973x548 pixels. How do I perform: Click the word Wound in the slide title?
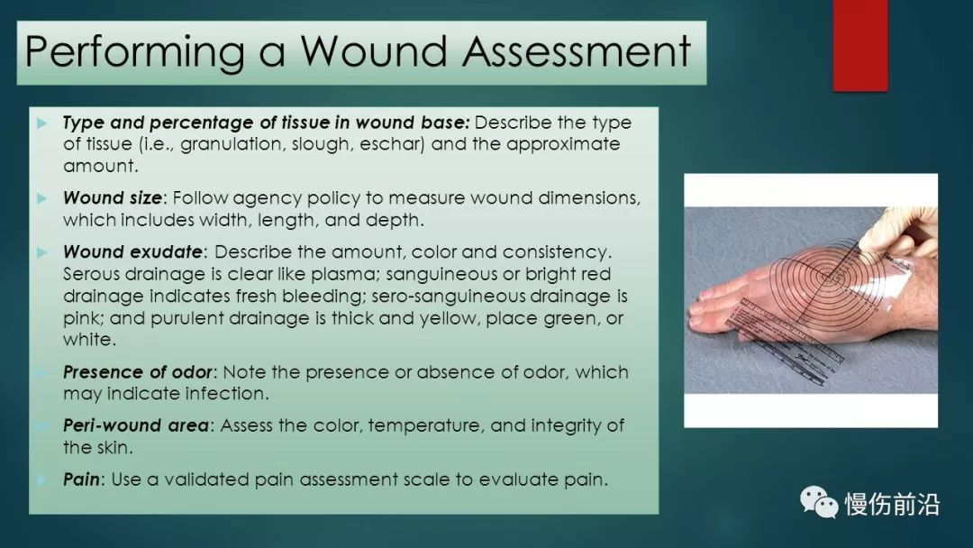tap(374, 50)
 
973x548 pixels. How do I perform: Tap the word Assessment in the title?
tap(577, 50)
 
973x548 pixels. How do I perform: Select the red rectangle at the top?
tap(860, 45)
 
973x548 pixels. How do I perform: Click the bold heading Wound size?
tap(113, 198)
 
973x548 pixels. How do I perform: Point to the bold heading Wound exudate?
tap(132, 252)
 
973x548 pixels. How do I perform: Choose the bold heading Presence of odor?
tap(138, 371)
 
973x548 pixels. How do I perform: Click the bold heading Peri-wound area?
tap(136, 425)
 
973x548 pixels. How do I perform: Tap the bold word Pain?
tap(81, 479)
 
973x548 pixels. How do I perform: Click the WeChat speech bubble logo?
tap(818, 502)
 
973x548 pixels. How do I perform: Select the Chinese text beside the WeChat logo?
tap(892, 503)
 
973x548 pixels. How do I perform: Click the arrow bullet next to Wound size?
tap(42, 198)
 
